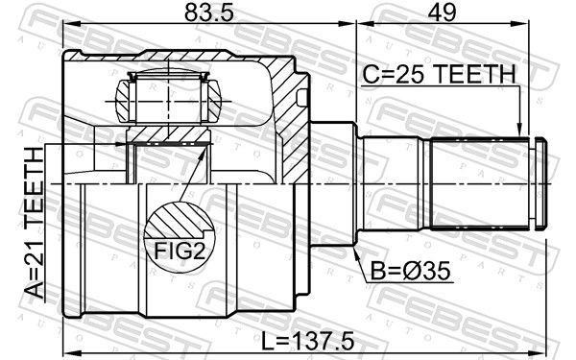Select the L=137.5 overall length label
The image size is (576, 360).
pos(308,341)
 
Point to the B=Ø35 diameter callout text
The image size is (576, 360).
pos(410,272)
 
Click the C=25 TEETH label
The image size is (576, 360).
pos(440,74)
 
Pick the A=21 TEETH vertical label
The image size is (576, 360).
pos(34,223)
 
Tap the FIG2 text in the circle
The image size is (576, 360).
pos(179,251)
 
